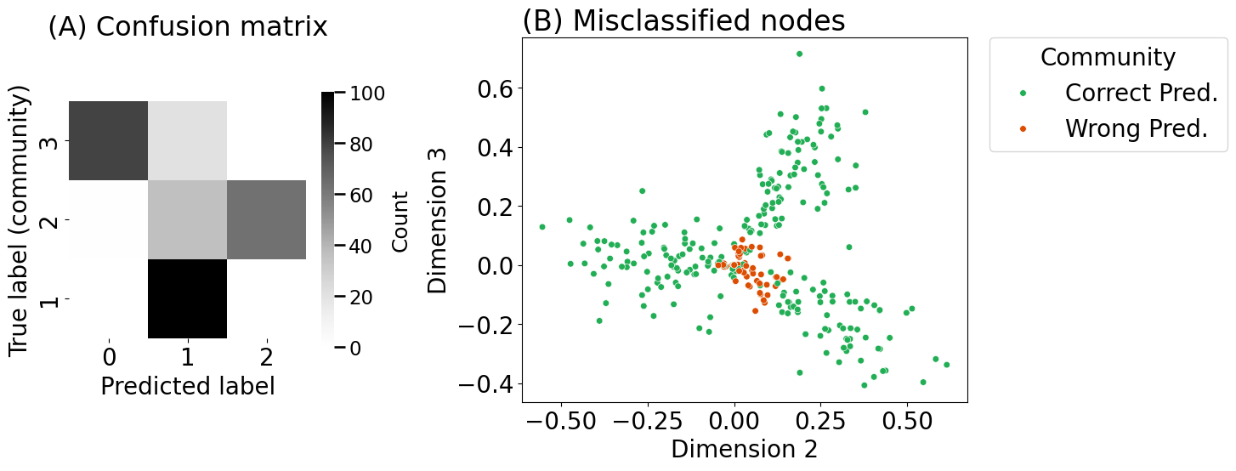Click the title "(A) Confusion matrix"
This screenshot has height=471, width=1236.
coord(187,27)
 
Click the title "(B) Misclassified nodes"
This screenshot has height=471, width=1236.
coord(683,21)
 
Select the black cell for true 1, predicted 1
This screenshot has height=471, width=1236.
coord(188,298)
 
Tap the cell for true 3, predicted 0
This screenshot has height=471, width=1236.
coord(109,141)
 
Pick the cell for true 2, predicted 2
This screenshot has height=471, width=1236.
coord(266,219)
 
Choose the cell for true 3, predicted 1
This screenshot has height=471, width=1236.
coord(188,141)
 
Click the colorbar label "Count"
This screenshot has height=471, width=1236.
coord(400,221)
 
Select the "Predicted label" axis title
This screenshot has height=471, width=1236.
coord(188,386)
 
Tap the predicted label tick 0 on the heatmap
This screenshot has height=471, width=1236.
coord(109,357)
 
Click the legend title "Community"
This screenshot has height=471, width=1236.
coord(1108,57)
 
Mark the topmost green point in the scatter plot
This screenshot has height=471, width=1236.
coord(799,54)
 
